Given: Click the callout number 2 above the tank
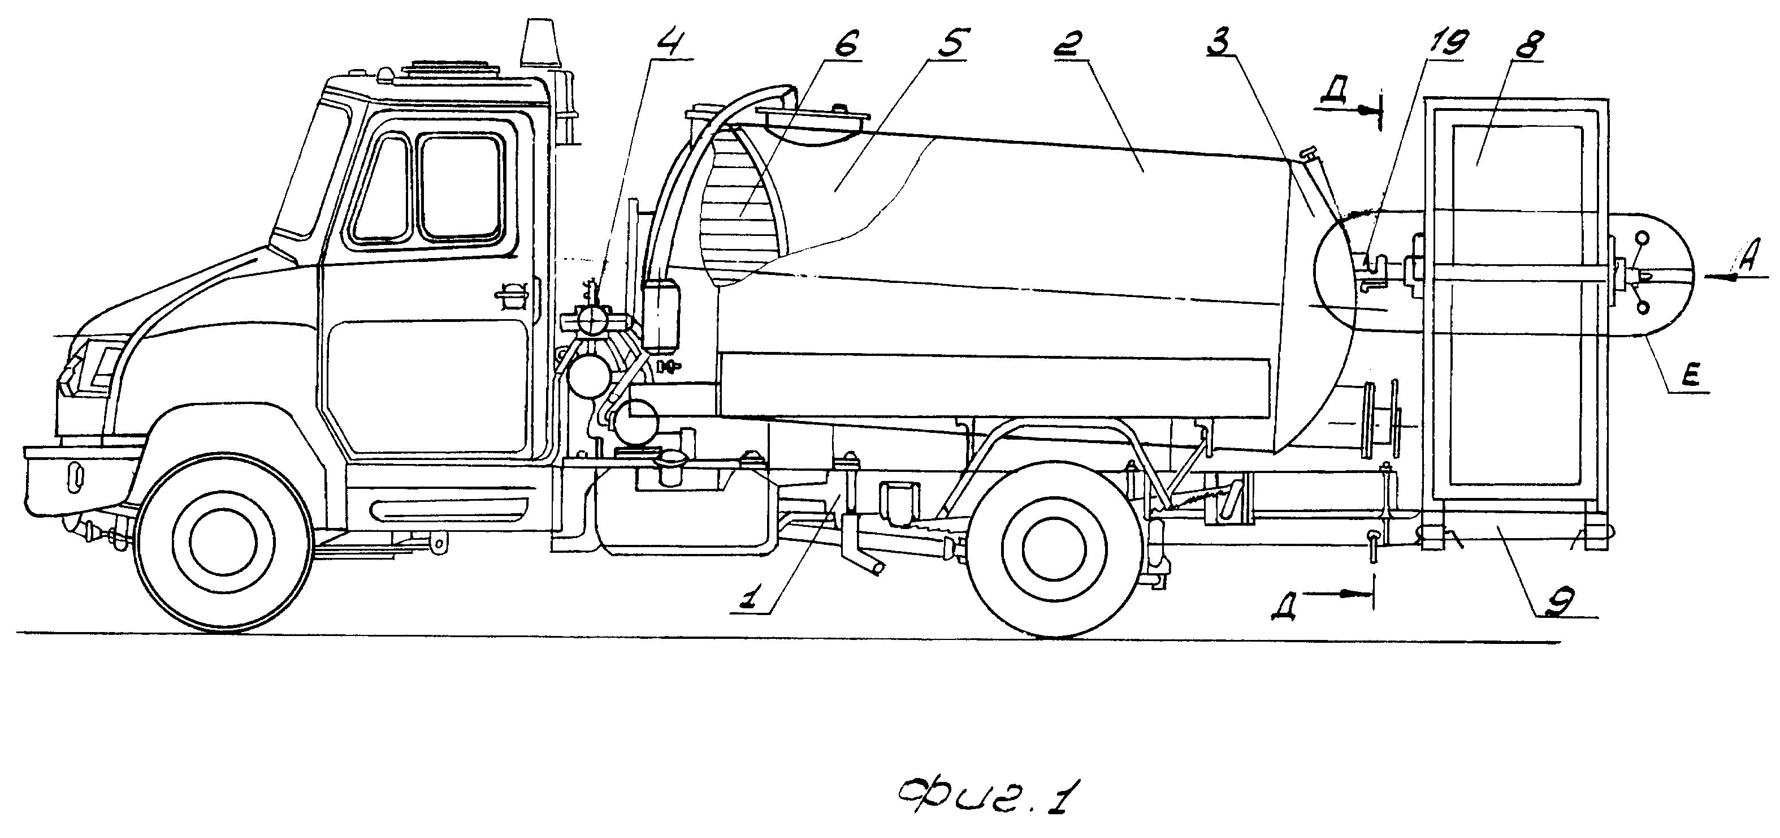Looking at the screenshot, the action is point(1072,43).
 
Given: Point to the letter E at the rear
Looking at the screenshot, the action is point(1687,377).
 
